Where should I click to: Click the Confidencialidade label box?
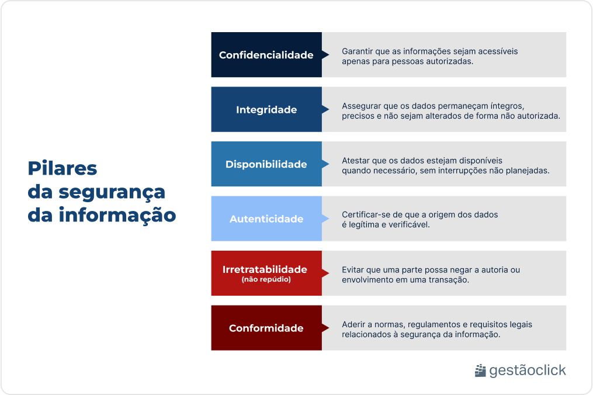point(266,55)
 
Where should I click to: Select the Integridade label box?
point(266,110)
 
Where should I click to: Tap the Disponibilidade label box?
point(266,164)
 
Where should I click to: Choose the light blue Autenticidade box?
point(266,219)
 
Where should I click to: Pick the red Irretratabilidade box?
point(266,273)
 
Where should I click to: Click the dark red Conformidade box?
point(266,328)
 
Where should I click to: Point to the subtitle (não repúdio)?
point(266,279)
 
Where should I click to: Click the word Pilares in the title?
point(63,168)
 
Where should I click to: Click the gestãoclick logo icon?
point(480,370)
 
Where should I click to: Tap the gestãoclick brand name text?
point(528,370)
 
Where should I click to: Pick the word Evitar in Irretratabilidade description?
point(353,270)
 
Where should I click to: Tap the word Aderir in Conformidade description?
point(353,324)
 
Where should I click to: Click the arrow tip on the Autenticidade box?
point(326,219)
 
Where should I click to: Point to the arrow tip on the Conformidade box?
point(326,328)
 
